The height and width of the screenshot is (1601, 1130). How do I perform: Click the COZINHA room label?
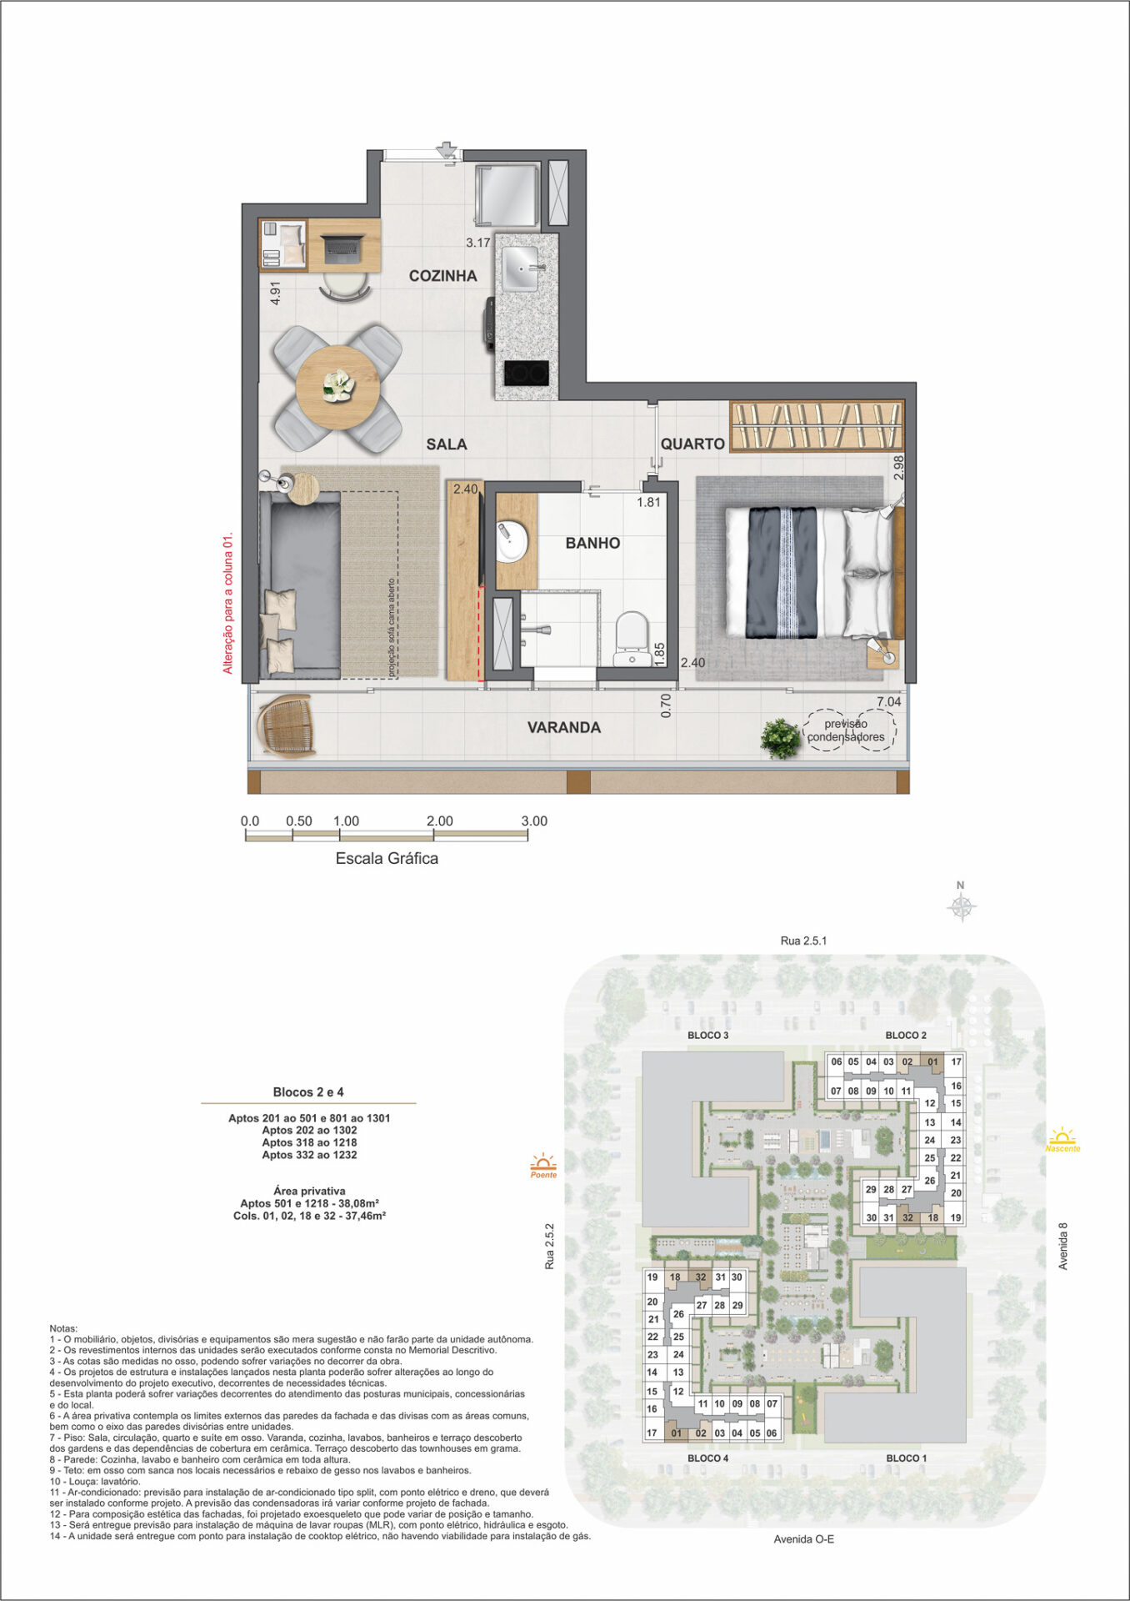[442, 276]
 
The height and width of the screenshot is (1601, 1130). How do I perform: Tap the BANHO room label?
[592, 544]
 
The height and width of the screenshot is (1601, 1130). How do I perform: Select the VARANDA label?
[564, 727]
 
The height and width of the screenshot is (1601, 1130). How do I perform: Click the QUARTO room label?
[692, 444]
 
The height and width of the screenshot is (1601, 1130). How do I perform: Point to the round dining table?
[338, 387]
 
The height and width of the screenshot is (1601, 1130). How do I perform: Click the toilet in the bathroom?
[631, 640]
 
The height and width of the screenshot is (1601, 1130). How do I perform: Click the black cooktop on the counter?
[527, 373]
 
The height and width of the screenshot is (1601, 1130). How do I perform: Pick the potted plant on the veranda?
[781, 738]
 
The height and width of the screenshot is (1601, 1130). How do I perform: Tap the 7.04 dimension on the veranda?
[888, 702]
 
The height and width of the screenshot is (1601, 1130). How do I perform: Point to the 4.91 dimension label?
[275, 293]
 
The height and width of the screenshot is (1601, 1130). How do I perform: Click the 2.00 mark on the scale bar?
[440, 821]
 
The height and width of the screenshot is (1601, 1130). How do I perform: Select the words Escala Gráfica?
[387, 858]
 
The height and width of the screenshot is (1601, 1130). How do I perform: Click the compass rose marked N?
[962, 905]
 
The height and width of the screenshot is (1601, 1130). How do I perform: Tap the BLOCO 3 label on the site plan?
[708, 1036]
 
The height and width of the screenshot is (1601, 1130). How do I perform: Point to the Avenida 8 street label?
[1062, 1247]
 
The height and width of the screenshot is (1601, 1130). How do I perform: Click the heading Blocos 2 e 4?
[308, 1092]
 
